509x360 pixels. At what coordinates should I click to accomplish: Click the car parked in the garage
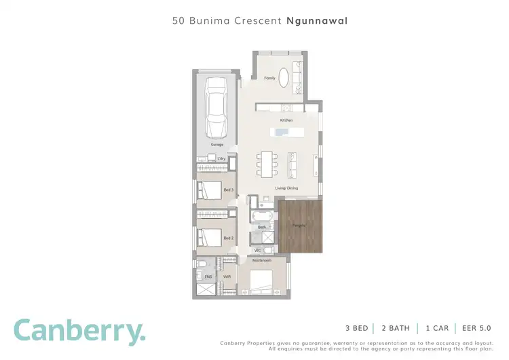pyautogui.click(x=216, y=107)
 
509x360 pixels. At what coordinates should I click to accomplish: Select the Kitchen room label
pyautogui.click(x=286, y=120)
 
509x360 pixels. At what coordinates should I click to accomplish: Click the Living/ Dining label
pyautogui.click(x=286, y=188)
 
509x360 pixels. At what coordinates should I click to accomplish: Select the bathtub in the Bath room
pyautogui.click(x=262, y=217)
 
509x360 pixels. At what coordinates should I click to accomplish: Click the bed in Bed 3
pyautogui.click(x=210, y=190)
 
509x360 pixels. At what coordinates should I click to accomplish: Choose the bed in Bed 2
pyautogui.click(x=210, y=238)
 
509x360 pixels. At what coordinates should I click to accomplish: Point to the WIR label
pyautogui.click(x=228, y=276)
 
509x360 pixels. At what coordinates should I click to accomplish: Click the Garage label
pyautogui.click(x=216, y=145)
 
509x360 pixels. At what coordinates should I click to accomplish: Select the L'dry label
pyautogui.click(x=221, y=159)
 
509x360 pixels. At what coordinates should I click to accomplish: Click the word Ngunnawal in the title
pyautogui.click(x=318, y=21)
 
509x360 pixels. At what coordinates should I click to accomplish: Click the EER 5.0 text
pyautogui.click(x=476, y=328)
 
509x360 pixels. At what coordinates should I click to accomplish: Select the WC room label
pyautogui.click(x=258, y=251)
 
